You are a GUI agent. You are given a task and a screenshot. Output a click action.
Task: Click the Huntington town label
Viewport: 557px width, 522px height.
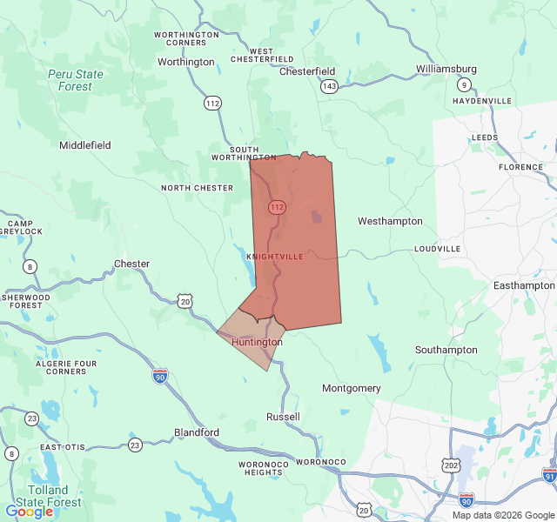(x=257, y=343)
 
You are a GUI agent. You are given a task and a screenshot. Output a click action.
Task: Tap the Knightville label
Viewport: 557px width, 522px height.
(x=275, y=257)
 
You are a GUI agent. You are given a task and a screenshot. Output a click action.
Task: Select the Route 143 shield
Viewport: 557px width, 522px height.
(x=329, y=86)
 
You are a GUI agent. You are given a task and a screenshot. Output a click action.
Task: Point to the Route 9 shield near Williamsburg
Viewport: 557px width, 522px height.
(x=466, y=84)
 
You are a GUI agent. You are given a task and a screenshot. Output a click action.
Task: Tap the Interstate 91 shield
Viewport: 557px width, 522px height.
(x=549, y=475)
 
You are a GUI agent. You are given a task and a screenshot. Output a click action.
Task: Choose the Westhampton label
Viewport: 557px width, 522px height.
(x=390, y=222)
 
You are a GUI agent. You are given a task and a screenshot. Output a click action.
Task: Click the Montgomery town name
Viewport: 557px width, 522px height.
(x=352, y=388)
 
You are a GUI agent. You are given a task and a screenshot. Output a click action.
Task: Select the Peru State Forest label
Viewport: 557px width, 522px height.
(x=75, y=80)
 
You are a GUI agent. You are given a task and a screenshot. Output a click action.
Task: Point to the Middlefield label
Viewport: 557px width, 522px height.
(x=85, y=145)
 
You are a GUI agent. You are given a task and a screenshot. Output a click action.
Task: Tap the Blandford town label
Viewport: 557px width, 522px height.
(x=197, y=432)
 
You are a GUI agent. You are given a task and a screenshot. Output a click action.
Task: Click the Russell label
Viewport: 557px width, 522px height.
(x=283, y=417)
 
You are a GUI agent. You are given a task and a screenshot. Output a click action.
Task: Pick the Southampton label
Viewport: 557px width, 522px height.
(x=446, y=350)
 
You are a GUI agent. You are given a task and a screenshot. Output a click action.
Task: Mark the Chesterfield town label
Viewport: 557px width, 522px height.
(x=307, y=71)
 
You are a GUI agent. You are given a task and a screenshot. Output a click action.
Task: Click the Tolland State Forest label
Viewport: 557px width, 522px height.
(x=54, y=496)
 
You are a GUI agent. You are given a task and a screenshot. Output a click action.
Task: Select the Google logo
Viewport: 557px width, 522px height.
(x=29, y=512)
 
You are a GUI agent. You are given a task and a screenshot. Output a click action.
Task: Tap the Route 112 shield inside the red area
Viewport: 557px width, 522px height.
(x=277, y=207)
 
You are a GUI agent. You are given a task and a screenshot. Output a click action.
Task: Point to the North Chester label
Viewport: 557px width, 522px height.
(x=197, y=188)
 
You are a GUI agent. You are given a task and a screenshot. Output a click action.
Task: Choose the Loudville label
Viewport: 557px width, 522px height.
(x=437, y=249)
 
